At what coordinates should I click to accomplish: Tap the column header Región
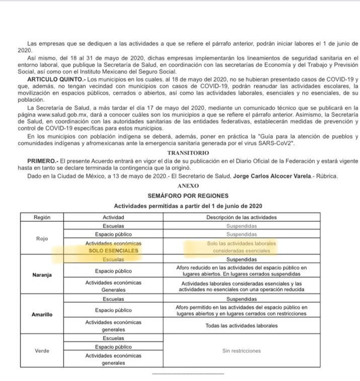tap(42, 217)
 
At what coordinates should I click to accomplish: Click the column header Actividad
tap(113, 217)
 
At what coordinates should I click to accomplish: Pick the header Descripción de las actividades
tap(242, 217)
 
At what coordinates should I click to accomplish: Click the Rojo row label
tap(42, 238)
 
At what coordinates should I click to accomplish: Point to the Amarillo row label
tap(42, 314)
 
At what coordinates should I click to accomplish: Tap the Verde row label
tap(42, 351)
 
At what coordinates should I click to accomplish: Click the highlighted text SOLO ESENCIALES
tap(113, 250)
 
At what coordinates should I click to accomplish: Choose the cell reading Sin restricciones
tap(242, 351)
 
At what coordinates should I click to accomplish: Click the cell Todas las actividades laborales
tap(242, 326)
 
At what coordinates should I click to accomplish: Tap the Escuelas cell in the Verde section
tap(113, 338)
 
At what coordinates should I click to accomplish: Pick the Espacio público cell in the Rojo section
tap(113, 234)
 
